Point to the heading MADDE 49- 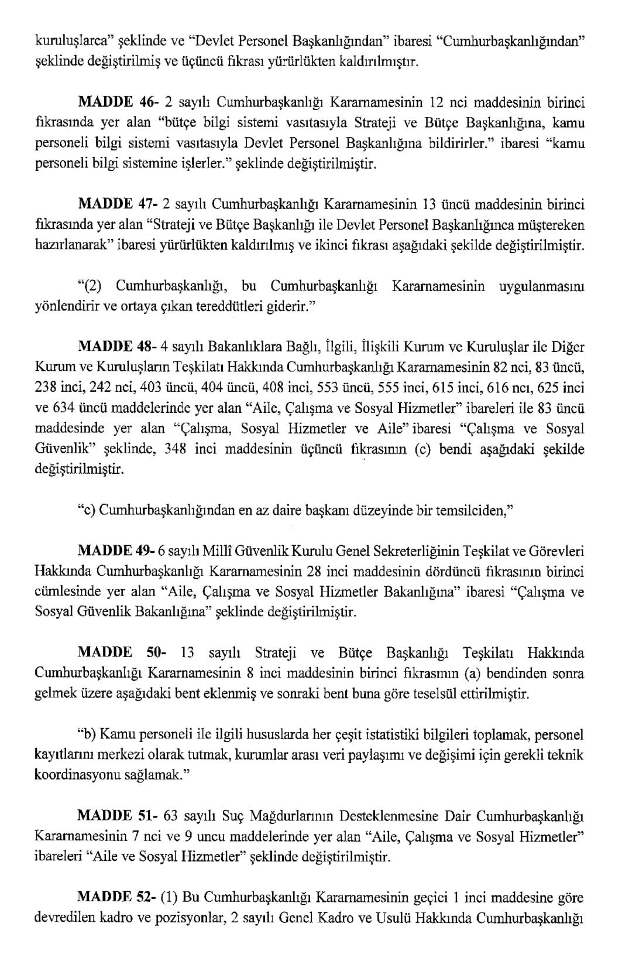click(115, 551)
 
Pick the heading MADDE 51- click(115, 816)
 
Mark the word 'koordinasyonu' click(74, 775)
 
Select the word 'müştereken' click(552, 225)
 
